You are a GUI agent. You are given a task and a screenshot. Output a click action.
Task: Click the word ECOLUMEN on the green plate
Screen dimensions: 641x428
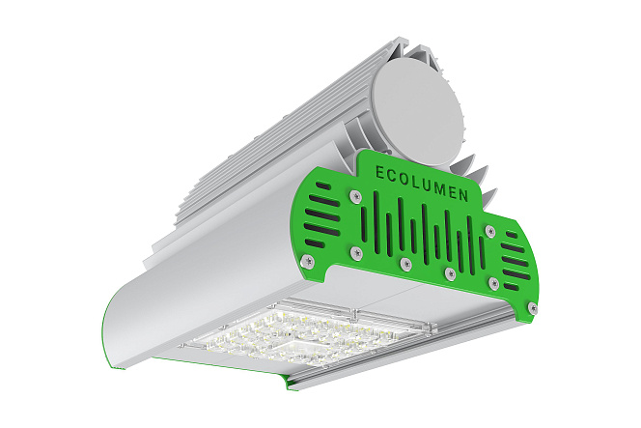point(422,184)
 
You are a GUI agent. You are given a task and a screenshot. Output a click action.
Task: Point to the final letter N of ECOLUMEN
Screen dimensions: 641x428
point(463,195)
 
